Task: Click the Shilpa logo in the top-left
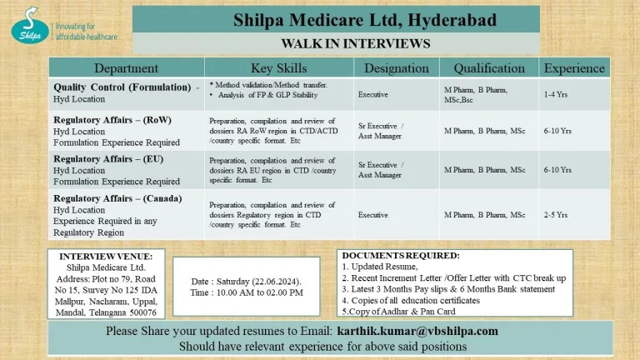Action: point(29,26)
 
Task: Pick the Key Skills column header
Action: point(278,67)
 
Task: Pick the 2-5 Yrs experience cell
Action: point(556,215)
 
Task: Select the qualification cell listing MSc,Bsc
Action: point(477,95)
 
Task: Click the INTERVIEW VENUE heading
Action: point(105,256)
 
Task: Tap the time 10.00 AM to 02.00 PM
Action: point(247,292)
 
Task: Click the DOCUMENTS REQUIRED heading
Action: point(401,255)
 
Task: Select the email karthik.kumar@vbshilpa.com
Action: point(417,331)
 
